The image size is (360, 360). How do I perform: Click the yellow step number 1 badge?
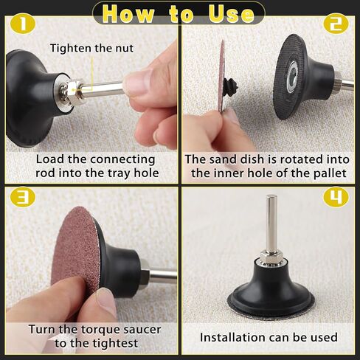(x=23, y=24)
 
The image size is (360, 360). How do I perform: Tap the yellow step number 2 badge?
(x=336, y=24)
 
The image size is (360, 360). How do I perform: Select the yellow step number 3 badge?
(x=23, y=197)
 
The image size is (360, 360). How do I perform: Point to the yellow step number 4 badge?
(x=336, y=197)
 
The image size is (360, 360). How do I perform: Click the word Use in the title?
(x=231, y=13)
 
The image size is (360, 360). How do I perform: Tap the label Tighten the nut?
(x=91, y=48)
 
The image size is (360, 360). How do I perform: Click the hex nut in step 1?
(x=74, y=91)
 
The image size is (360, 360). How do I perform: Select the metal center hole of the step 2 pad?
(x=293, y=73)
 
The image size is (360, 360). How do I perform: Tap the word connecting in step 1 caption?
(x=122, y=159)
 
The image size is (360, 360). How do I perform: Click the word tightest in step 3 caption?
(x=117, y=344)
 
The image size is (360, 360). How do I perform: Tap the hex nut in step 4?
(x=271, y=257)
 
